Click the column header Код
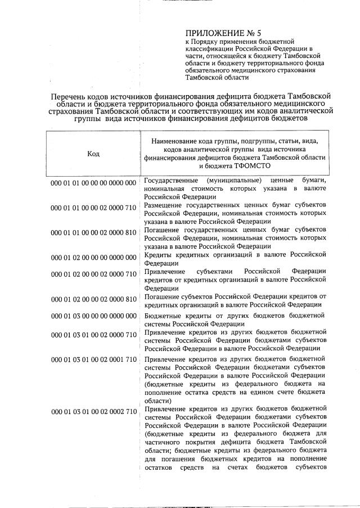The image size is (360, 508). pos(93,154)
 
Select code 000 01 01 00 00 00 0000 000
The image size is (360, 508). pos(93,183)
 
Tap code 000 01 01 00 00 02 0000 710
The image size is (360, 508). pos(93,208)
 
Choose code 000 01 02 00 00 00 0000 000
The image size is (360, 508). pos(93,258)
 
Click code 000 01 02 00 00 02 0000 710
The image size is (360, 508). pos(93,274)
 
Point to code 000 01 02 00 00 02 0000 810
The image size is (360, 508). pos(93,299)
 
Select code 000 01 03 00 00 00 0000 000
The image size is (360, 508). pos(93,316)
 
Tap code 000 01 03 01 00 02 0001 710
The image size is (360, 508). pos(93,359)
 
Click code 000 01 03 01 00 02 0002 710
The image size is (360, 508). pos(93,412)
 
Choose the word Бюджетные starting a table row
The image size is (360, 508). pos(163,315)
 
